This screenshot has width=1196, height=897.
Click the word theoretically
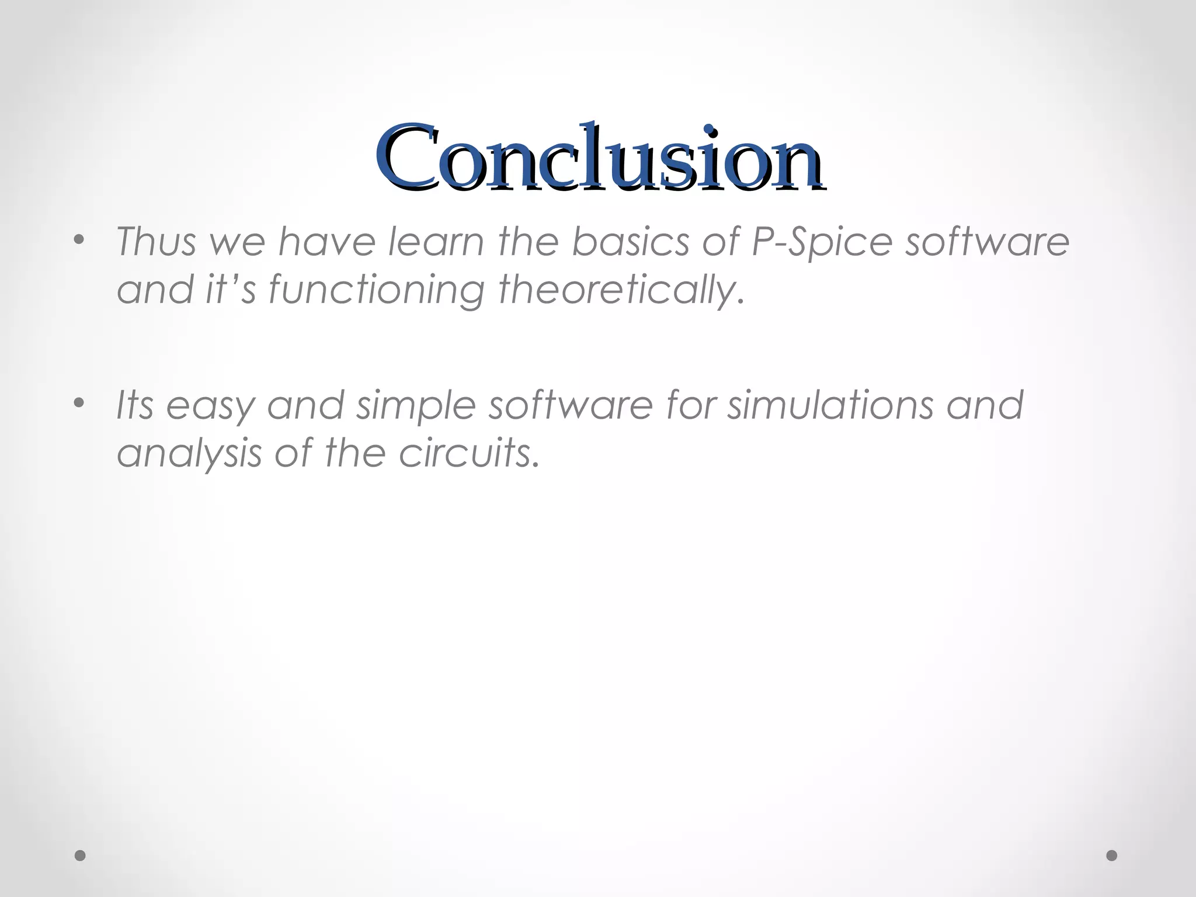coord(621,290)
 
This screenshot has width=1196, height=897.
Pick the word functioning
coord(376,291)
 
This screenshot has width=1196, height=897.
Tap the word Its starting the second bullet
coord(135,405)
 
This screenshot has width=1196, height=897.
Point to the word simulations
coord(829,405)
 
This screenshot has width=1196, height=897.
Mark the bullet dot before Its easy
coord(79,403)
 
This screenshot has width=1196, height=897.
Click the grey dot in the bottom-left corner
coord(81,856)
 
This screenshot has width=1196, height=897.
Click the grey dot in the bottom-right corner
coord(1111,856)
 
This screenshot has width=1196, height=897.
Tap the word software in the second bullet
coord(570,405)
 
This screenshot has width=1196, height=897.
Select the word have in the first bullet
coord(326,242)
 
